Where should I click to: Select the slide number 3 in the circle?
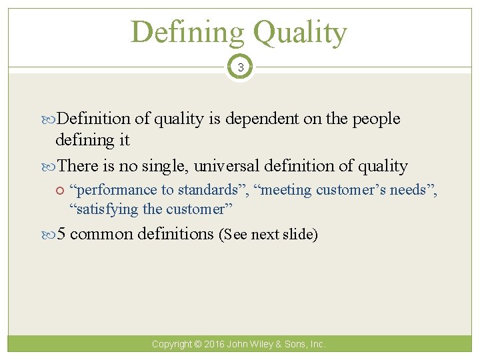[240, 67]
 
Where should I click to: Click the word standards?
[209, 190]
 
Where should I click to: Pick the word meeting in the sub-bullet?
[284, 190]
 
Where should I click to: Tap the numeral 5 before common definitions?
[61, 234]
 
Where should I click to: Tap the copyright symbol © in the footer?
[197, 344]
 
